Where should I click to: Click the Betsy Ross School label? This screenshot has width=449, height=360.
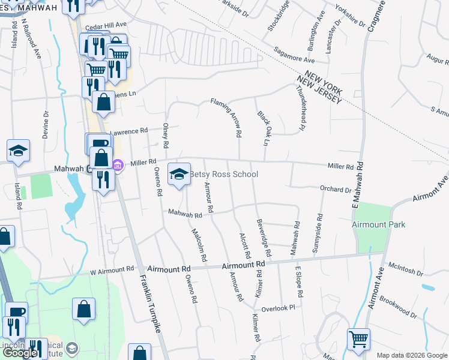coord(224,175)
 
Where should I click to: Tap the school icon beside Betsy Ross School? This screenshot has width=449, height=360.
coord(178,174)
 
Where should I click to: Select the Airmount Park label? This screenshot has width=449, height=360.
coord(379,224)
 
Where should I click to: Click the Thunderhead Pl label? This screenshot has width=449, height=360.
coord(301,107)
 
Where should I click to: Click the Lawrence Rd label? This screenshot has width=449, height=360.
coord(128,131)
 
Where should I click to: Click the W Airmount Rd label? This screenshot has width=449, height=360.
coord(112,271)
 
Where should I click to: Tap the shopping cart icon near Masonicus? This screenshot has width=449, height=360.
coord(358,339)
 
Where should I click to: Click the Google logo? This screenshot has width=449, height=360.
coord(20,353)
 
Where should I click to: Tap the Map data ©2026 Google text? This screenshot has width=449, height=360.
coord(411,355)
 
